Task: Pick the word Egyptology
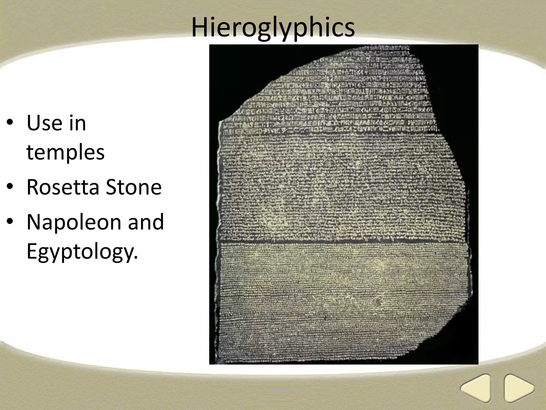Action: point(82,251)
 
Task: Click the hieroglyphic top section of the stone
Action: point(333,99)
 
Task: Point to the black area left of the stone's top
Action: point(235,75)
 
